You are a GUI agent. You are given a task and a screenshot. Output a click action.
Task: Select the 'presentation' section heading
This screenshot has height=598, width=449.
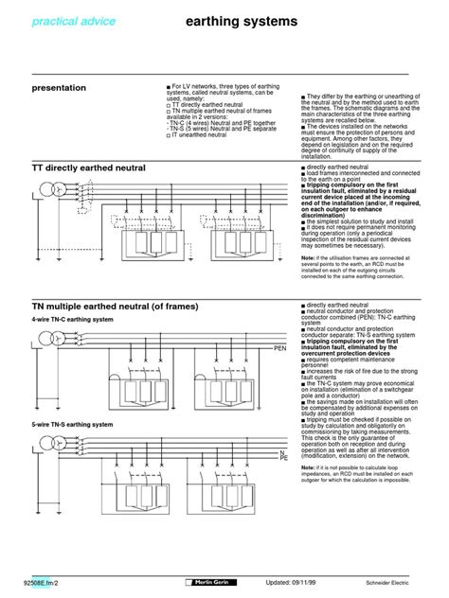[59, 88]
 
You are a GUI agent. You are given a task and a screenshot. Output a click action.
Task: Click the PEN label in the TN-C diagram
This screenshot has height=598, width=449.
[279, 349]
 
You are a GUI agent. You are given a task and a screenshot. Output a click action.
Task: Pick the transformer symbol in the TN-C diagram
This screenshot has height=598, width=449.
[56, 337]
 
